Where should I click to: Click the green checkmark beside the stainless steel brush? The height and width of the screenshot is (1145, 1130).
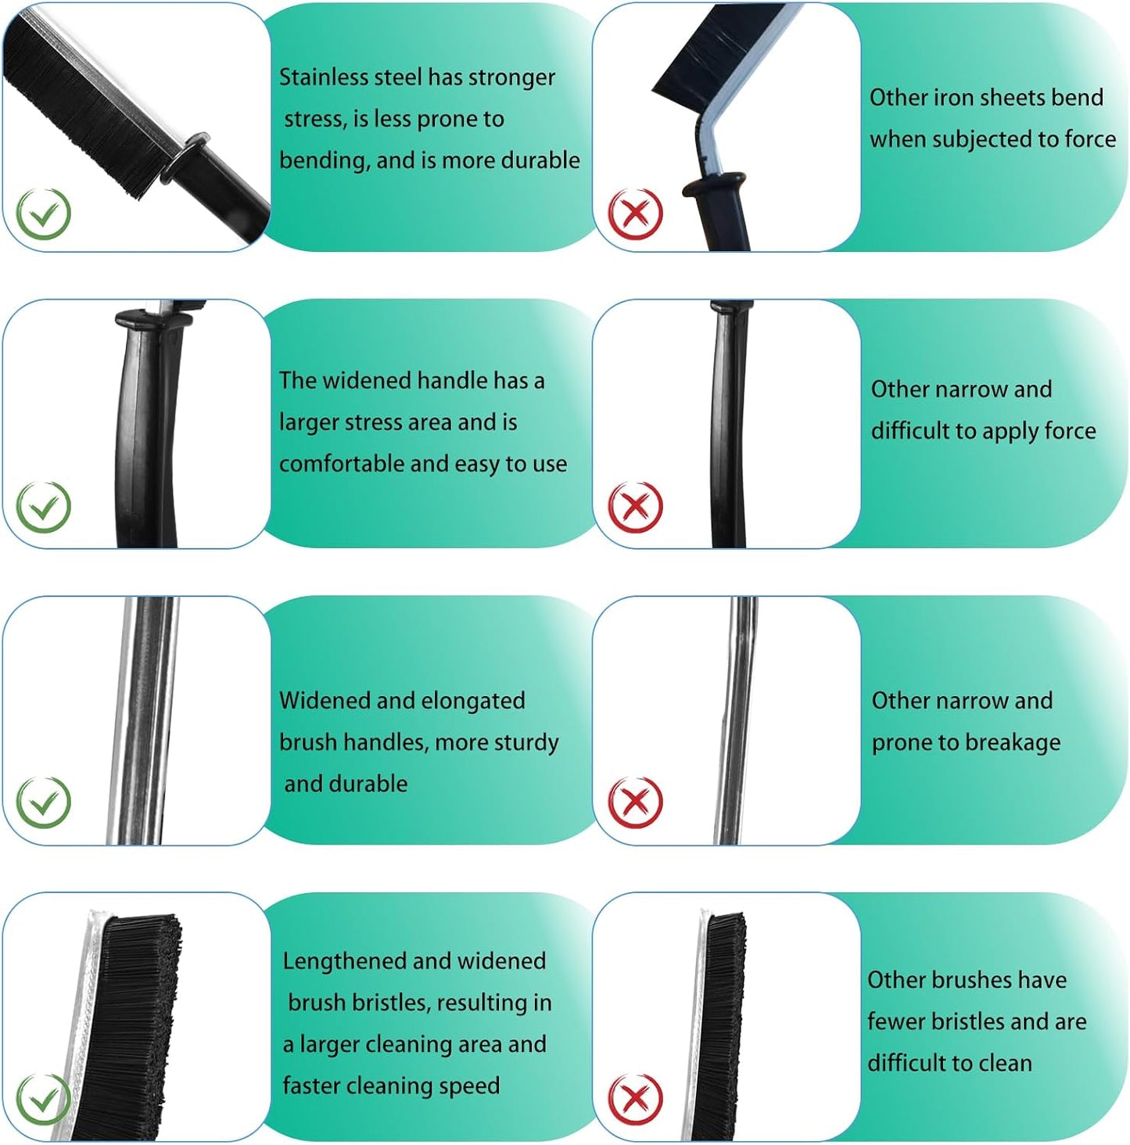[43, 214]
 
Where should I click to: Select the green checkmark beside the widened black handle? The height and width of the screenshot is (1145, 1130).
[43, 507]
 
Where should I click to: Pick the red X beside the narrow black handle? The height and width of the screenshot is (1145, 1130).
[635, 507]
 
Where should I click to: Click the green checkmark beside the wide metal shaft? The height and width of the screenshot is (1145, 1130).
[43, 802]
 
